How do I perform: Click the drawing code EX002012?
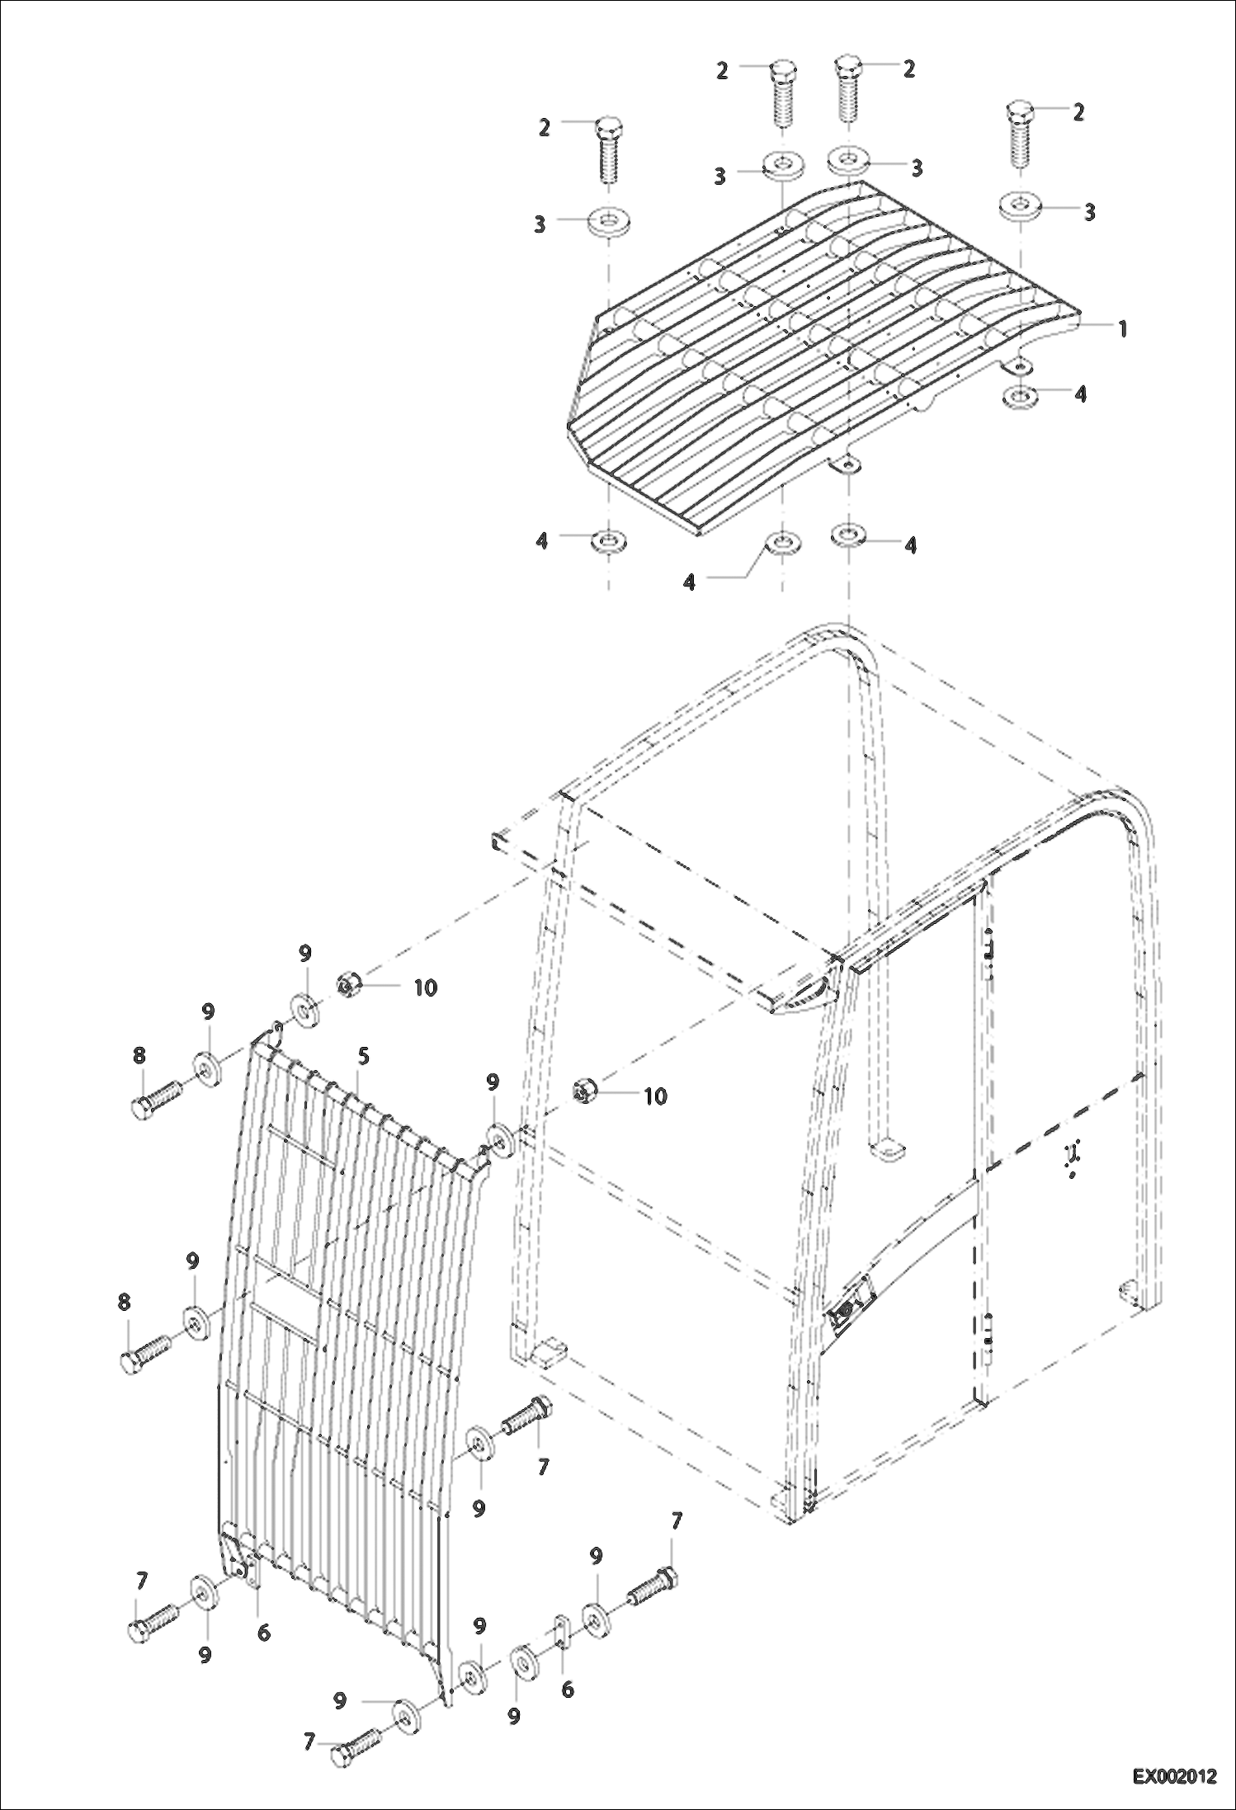[x=1174, y=1776]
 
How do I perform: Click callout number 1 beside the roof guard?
[x=1121, y=328]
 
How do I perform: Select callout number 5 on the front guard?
[x=363, y=1055]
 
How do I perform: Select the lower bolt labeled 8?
[x=146, y=1355]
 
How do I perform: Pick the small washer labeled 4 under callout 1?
[x=1021, y=395]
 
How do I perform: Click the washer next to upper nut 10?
[x=305, y=1009]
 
